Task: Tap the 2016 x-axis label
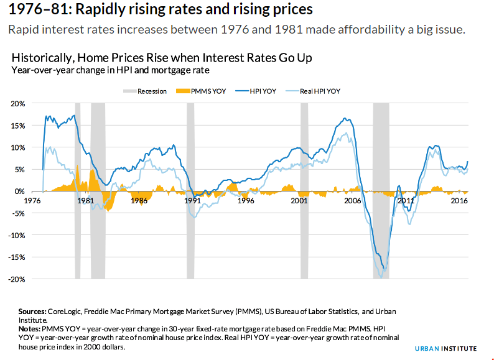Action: (459, 201)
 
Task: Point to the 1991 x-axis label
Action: (192, 201)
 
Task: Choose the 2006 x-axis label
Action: (353, 201)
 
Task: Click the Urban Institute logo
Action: (447, 348)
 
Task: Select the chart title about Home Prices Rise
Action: (162, 58)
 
